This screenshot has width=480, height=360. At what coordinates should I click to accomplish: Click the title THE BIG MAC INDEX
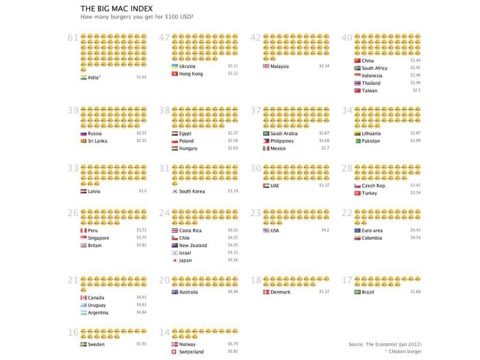116,8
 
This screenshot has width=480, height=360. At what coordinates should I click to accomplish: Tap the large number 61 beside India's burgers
73,38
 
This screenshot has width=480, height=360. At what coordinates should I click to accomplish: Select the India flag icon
83,77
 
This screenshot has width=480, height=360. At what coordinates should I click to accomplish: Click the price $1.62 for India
142,77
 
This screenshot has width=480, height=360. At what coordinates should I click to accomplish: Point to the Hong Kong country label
191,74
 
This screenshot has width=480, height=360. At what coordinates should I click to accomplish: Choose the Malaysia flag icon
266,67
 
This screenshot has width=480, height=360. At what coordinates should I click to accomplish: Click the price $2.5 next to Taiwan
416,90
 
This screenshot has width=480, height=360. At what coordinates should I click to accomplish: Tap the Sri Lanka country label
98,141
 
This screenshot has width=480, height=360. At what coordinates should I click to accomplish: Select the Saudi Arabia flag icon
266,134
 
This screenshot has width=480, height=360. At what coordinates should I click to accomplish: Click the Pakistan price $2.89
415,141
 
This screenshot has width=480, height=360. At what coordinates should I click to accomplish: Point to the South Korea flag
175,191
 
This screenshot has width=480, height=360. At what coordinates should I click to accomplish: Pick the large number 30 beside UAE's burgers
255,168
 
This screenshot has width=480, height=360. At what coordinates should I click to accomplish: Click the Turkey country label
369,193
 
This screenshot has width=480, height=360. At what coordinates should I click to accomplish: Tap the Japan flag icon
175,261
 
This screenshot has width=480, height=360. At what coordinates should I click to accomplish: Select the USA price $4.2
325,231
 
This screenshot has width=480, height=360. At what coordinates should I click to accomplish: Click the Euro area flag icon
358,231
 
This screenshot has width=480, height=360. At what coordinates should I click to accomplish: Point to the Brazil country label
368,292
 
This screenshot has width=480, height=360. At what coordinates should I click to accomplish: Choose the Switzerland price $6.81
233,352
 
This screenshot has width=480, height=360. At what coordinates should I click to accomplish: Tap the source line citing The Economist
384,345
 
